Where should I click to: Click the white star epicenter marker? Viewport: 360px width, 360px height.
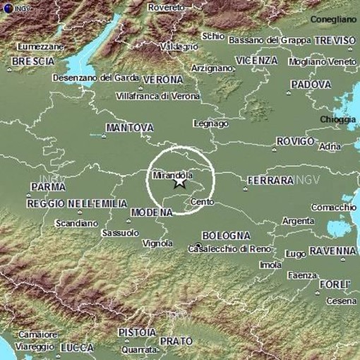pos(180,181)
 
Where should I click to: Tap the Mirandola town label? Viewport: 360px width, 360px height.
pos(173,172)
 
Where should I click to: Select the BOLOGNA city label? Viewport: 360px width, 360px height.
pos(225,235)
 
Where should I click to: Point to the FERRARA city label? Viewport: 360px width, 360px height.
pos(270,181)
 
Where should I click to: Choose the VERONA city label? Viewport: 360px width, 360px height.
pos(163,80)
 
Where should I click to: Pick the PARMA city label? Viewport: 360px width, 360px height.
pos(48,187)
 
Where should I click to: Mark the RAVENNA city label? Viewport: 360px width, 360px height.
pos(331,251)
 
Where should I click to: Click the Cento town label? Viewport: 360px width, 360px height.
pos(202,203)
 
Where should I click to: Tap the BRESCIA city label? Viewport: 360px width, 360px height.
pos(33,62)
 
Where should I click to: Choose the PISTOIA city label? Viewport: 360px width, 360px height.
pos(137,332)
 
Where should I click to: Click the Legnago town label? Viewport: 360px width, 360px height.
pos(211,124)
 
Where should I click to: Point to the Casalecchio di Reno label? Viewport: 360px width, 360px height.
pos(228,248)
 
